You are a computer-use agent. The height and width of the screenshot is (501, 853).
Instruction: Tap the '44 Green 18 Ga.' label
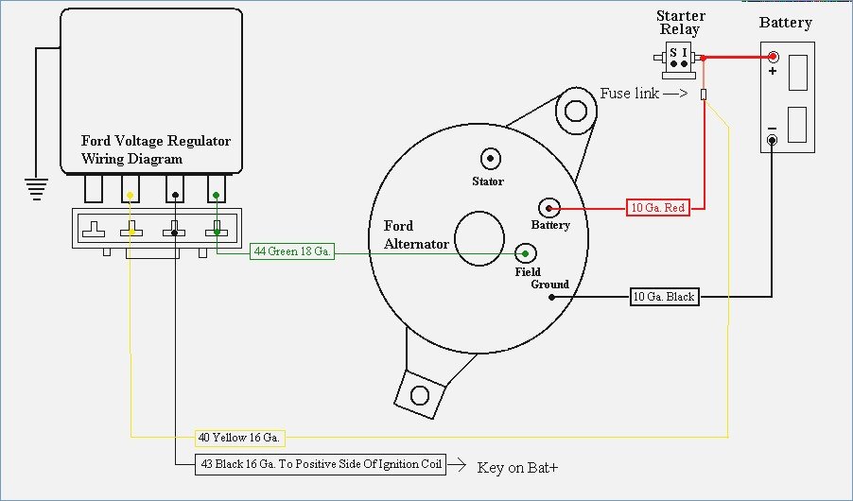pyautogui.click(x=292, y=252)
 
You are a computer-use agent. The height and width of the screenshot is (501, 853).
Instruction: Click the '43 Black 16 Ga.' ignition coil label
pyautogui.click(x=321, y=465)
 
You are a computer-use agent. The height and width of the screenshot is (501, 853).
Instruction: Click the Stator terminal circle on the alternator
pyautogui.click(x=490, y=159)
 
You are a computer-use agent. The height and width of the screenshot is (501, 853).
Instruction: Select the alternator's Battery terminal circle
pyautogui.click(x=548, y=208)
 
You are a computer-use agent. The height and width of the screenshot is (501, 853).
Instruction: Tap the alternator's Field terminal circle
pyautogui.click(x=526, y=253)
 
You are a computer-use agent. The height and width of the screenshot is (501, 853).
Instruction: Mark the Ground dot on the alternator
pyautogui.click(x=551, y=297)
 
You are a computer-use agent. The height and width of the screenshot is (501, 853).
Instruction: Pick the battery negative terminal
pyautogui.click(x=773, y=141)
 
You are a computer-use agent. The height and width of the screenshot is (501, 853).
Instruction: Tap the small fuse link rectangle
pyautogui.click(x=704, y=95)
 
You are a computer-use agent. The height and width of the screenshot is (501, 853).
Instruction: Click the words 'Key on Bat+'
pyautogui.click(x=524, y=467)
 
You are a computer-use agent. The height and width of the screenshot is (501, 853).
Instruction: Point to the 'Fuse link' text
pyautogui.click(x=629, y=94)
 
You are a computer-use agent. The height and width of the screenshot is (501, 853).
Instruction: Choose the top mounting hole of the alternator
pyautogui.click(x=574, y=111)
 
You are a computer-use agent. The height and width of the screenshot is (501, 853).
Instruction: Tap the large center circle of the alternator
pyautogui.click(x=479, y=235)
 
